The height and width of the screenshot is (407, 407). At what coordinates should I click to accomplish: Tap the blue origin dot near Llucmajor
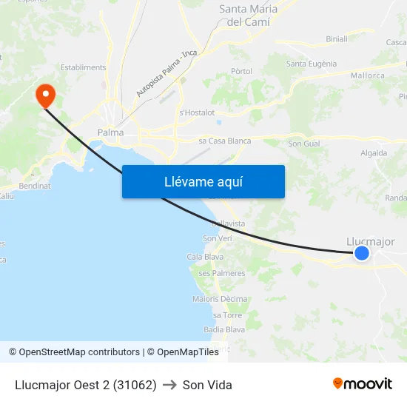point(362,253)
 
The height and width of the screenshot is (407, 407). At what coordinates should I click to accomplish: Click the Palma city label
point(110,133)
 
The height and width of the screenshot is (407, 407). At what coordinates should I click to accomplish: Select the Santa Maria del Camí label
point(249,16)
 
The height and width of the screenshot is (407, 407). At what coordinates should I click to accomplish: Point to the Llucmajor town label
point(371,241)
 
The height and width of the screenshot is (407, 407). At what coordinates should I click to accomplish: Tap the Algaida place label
point(373,153)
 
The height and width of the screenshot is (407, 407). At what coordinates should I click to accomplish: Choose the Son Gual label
point(304,144)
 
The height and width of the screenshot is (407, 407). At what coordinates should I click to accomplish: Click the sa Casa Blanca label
point(225,141)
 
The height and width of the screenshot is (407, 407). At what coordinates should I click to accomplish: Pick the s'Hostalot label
point(197,112)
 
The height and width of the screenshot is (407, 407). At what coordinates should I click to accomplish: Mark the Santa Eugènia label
point(312,64)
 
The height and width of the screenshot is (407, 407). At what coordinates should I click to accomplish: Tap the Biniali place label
point(337,39)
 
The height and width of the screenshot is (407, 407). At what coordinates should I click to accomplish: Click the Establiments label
point(84,67)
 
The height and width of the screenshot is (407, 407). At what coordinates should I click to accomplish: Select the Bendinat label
point(35,186)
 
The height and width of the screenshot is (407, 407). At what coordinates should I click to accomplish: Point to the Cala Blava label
point(205,257)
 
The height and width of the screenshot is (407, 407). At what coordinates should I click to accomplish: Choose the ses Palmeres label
point(222,273)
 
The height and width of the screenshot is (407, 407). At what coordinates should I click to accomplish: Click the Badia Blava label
point(224,329)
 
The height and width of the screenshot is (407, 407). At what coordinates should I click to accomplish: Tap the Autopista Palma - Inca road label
point(166,74)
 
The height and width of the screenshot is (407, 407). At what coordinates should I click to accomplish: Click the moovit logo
point(363,384)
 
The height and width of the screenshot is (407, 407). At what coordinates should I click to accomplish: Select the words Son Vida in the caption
point(207,385)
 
